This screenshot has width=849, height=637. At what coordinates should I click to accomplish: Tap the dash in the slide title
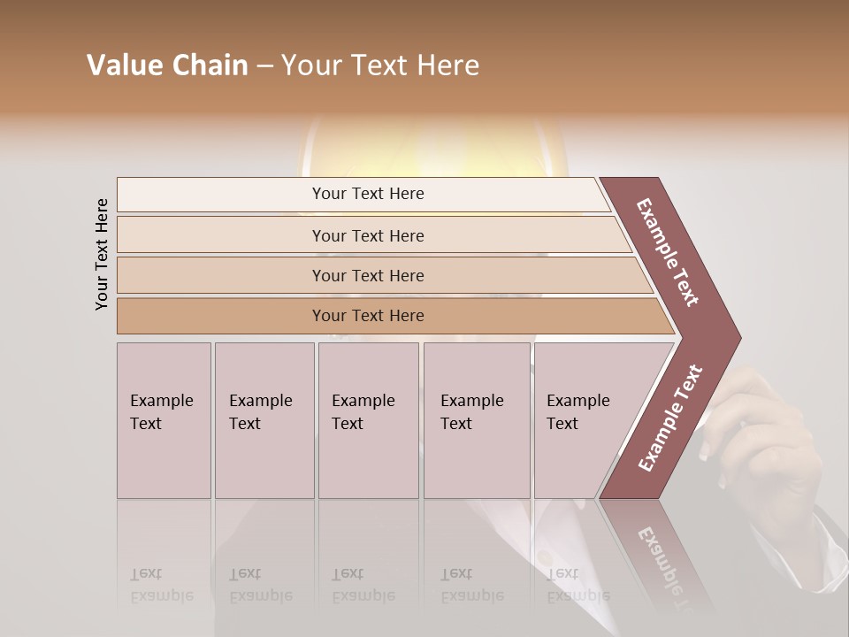tap(264, 66)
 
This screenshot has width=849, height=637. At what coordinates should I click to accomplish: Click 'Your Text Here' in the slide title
tap(380, 65)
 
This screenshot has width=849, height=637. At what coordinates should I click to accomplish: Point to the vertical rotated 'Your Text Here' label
tap(102, 254)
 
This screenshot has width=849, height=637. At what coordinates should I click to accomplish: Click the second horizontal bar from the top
tap(367, 235)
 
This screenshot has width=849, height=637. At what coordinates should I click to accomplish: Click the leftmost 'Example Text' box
tap(164, 420)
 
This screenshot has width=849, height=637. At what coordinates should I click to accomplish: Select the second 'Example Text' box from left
tap(264, 420)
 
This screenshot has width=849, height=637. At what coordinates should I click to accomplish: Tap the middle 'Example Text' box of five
tap(368, 420)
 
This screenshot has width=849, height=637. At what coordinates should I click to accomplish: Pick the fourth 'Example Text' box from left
tap(477, 420)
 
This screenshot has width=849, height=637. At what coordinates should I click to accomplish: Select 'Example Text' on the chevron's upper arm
tap(668, 252)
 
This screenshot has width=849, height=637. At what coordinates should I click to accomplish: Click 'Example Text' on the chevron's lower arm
tap(670, 418)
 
